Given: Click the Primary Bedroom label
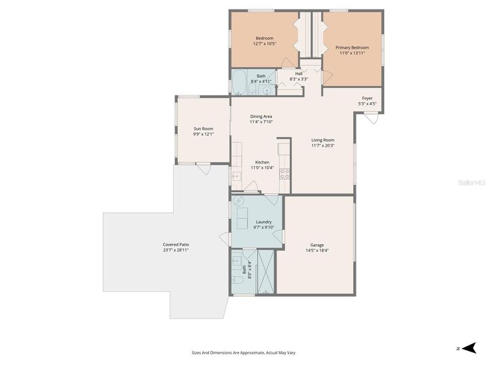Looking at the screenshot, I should (352, 47).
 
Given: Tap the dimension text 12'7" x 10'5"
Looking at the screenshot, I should (264, 44).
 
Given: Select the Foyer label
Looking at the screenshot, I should (367, 98).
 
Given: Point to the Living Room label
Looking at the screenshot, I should (323, 140).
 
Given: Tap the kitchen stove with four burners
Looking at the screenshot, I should (285, 172).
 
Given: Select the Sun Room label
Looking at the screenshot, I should (204, 128).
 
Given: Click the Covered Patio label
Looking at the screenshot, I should (175, 244).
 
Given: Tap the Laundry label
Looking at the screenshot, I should (263, 222).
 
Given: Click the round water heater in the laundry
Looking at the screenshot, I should (238, 201).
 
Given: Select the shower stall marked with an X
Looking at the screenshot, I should (266, 272).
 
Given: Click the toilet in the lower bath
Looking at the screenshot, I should (237, 278).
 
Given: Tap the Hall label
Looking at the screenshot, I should (298, 74).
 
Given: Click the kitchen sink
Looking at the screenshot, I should (236, 176).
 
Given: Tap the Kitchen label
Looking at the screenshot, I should (262, 162).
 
